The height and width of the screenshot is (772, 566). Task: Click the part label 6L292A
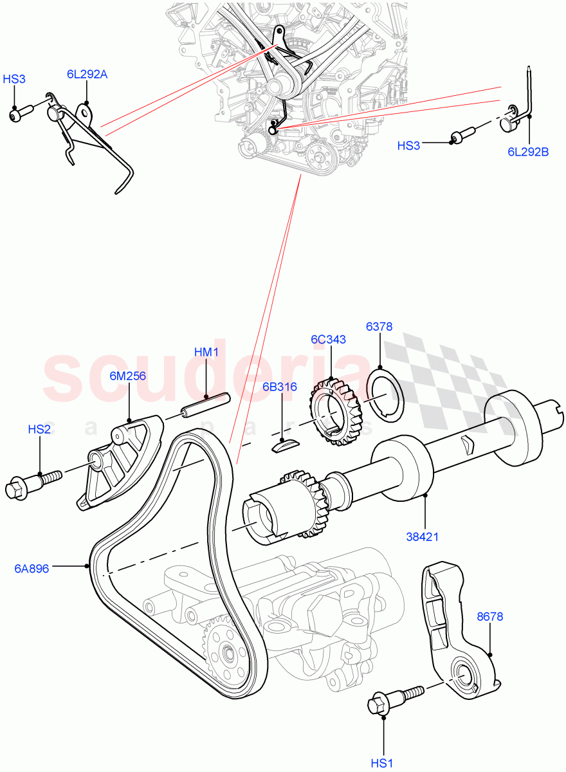[87, 74]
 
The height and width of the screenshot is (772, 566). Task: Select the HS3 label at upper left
[14, 79]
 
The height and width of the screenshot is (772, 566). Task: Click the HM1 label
[206, 352]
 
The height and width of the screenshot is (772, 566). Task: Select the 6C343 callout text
[328, 340]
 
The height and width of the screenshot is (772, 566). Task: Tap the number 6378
[379, 326]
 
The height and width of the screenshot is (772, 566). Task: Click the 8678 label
[490, 616]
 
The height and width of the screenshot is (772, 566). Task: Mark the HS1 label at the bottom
[382, 763]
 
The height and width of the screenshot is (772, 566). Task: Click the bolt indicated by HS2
[32, 484]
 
